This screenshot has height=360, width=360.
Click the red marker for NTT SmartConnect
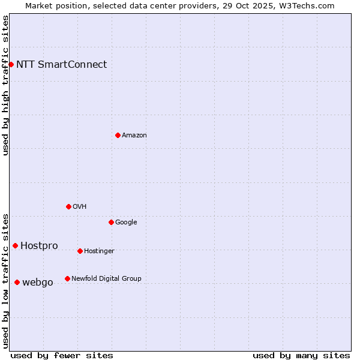coord(11,64)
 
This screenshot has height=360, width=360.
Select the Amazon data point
coord(118,135)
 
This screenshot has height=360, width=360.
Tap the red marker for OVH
coord(68,206)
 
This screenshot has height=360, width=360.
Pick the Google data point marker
coord(111,222)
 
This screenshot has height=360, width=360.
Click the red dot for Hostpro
coord(15,245)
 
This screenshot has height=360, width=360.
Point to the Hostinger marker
coord(80,251)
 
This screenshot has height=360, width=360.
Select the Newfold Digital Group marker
coord(67,278)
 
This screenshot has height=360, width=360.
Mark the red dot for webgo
coord(17,282)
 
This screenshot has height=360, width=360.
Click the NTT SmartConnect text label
coord(61,65)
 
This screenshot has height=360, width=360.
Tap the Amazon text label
coord(134,136)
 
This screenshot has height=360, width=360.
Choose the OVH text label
coord(80,207)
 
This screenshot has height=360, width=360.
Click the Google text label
coord(126,223)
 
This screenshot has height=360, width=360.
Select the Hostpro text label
coord(39,246)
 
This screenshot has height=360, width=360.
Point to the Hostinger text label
coord(99,251)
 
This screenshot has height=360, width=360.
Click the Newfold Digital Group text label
coord(106,279)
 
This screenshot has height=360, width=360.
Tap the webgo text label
coord(37,283)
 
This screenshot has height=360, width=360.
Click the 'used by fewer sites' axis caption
coord(62,355)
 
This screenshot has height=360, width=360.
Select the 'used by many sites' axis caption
coord(301,355)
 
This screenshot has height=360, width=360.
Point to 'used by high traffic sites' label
coord(6,86)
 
